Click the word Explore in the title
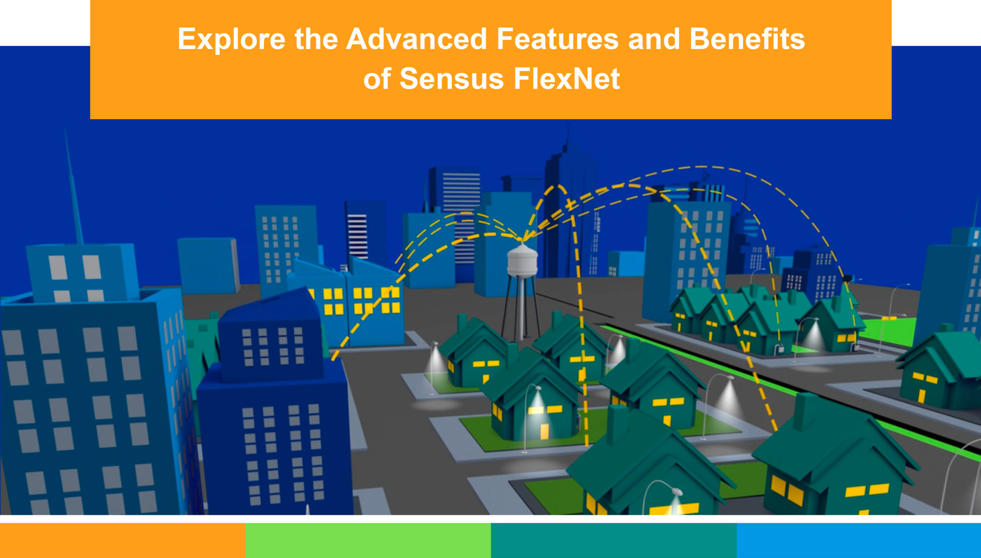[231, 40]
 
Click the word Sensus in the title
[451, 79]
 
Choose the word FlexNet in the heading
[567, 79]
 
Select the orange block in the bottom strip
[122, 540]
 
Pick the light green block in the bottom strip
[368, 540]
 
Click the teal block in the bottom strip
[614, 540]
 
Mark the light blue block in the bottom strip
[859, 540]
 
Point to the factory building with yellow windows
[347, 303]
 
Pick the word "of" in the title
[377, 79]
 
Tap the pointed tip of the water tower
[522, 240]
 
